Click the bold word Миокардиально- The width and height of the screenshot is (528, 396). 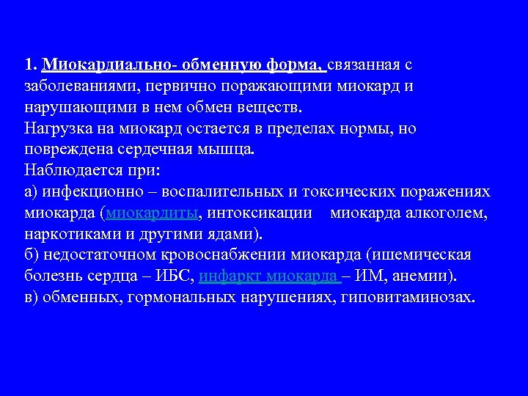(x=109, y=65)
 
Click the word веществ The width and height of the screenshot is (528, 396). (x=275, y=107)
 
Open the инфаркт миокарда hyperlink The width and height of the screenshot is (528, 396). (x=269, y=277)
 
